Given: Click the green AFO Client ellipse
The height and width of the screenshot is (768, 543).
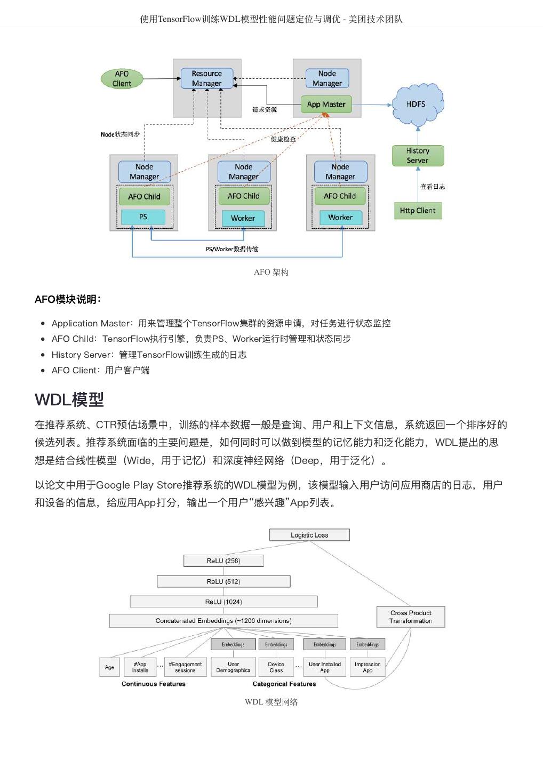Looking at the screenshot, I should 122,79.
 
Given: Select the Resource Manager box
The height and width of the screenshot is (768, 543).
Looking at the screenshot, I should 206,78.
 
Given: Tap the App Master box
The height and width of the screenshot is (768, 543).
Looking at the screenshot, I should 326,105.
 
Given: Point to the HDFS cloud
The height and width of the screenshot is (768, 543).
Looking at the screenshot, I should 417,105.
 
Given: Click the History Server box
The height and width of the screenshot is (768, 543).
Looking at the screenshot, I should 417,156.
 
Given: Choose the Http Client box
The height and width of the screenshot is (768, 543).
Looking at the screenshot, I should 418,211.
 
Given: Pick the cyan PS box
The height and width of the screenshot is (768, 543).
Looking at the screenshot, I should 143,217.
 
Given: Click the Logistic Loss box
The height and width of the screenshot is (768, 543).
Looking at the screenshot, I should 309,535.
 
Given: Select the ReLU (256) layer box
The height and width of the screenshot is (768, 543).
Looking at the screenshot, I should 223,561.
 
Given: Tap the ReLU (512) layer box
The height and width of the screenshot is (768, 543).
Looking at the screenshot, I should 223,581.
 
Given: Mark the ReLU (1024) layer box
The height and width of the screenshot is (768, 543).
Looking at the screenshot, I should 223,602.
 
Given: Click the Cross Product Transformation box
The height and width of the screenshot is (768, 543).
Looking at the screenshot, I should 410,617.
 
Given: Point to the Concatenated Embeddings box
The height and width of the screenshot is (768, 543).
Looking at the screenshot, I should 223,621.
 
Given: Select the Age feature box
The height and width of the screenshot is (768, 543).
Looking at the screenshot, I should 109,667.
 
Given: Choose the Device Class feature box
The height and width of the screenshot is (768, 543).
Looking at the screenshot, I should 276,667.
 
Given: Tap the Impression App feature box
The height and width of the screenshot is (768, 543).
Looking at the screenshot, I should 368,667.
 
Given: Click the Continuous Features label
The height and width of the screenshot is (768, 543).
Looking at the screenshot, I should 154,684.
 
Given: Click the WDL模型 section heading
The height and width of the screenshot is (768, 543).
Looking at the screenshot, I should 69,399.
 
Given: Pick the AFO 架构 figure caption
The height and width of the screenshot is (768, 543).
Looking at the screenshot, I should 271,272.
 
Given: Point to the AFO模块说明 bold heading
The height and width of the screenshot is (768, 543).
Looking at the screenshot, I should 68,299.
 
